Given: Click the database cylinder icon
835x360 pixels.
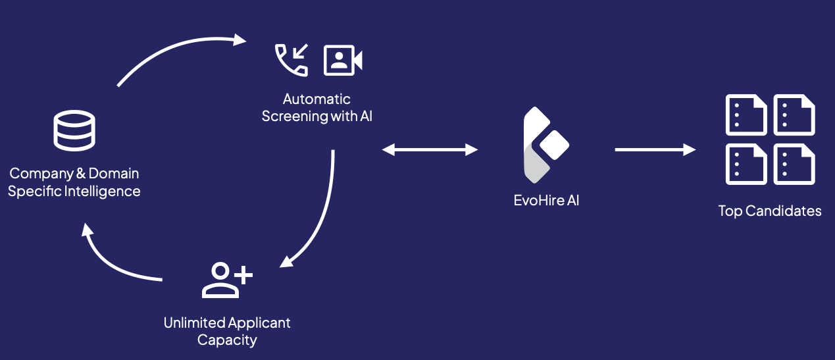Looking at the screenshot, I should (x=74, y=130).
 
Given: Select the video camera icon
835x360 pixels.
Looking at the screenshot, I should (x=343, y=61).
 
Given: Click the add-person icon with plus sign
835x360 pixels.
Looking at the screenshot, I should (x=226, y=280).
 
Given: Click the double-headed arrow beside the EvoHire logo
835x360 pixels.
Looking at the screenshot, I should (x=430, y=150).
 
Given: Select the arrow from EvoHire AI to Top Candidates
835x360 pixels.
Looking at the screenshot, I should (x=655, y=150).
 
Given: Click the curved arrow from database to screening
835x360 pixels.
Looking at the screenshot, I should (x=178, y=51).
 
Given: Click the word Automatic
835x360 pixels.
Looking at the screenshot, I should (x=316, y=99).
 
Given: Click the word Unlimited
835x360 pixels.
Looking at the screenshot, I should (x=194, y=323).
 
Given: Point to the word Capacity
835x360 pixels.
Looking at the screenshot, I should (x=227, y=340).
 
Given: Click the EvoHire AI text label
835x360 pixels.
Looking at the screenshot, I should (x=546, y=201).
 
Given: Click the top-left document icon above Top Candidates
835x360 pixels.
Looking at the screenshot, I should (x=746, y=115).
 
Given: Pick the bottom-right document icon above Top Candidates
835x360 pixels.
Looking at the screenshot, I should (x=794, y=164).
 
